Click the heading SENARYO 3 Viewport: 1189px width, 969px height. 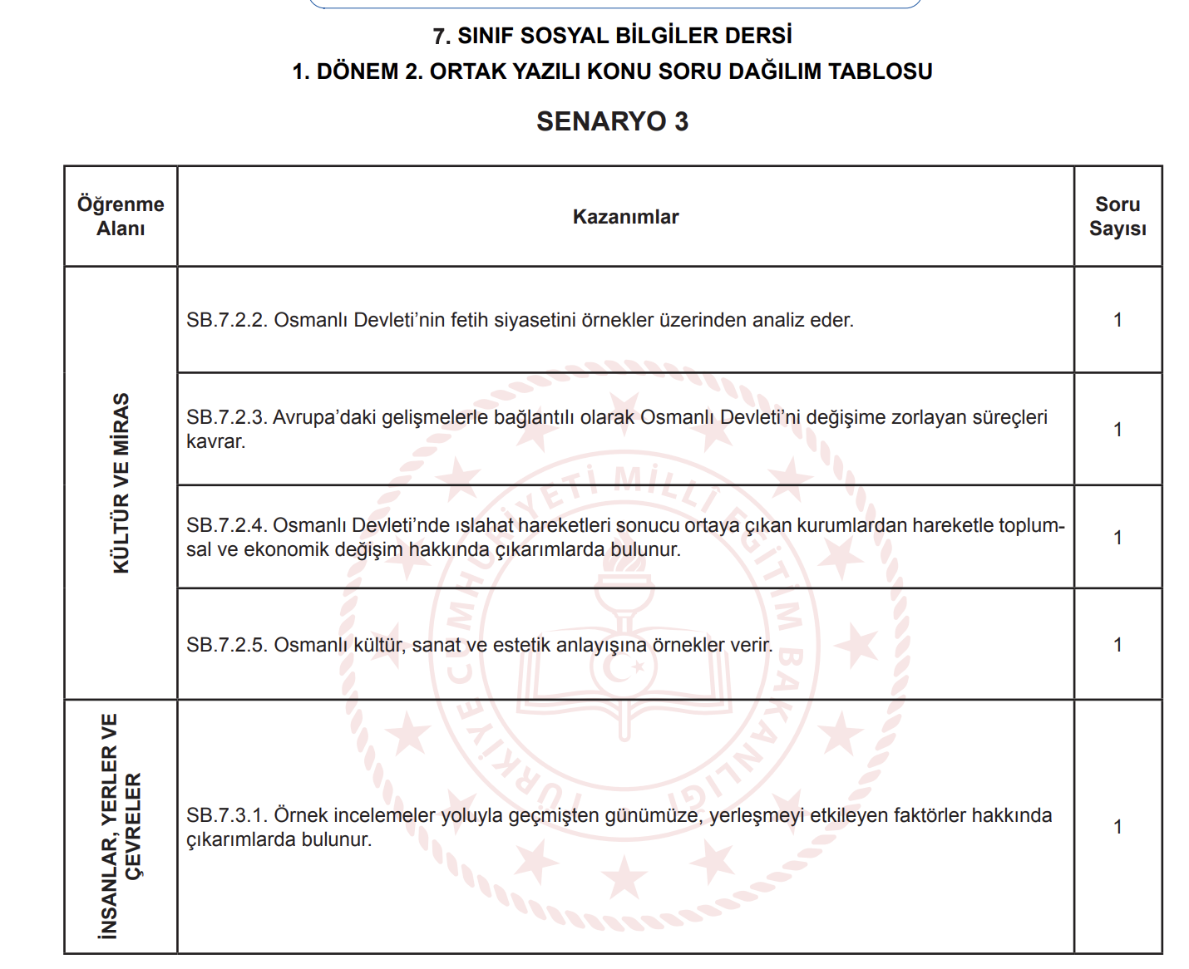pyautogui.click(x=612, y=121)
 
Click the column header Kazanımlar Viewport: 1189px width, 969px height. pyautogui.click(x=625, y=217)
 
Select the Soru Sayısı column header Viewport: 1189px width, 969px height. pyautogui.click(x=1117, y=216)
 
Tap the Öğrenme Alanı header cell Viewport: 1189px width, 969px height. pyautogui.click(x=121, y=216)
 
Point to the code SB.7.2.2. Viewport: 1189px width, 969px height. pyautogui.click(x=226, y=320)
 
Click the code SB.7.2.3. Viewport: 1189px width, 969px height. pyautogui.click(x=226, y=417)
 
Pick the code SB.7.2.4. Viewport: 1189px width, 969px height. pyautogui.click(x=226, y=525)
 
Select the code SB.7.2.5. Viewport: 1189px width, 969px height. pyautogui.click(x=226, y=645)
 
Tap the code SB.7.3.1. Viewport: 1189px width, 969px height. pyautogui.click(x=226, y=815)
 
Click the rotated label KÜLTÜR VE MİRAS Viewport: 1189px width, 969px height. pyautogui.click(x=121, y=483)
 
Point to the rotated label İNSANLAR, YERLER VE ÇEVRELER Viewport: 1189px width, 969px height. pyautogui.click(x=121, y=826)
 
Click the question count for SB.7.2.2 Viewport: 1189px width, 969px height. pyautogui.click(x=1117, y=320)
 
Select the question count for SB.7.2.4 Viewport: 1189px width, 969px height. pyautogui.click(x=1117, y=538)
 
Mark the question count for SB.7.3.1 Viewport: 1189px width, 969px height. pyautogui.click(x=1117, y=827)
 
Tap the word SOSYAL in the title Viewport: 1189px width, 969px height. pyautogui.click(x=533, y=36)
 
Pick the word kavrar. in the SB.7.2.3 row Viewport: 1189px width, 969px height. pyautogui.click(x=216, y=441)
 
